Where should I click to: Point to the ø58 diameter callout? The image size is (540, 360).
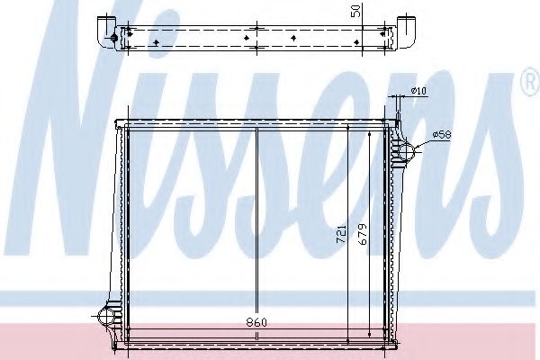(441, 134)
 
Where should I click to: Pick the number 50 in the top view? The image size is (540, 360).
(355, 10)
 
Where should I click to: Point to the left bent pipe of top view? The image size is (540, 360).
(105, 27)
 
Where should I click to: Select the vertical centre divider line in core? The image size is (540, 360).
(258, 225)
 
